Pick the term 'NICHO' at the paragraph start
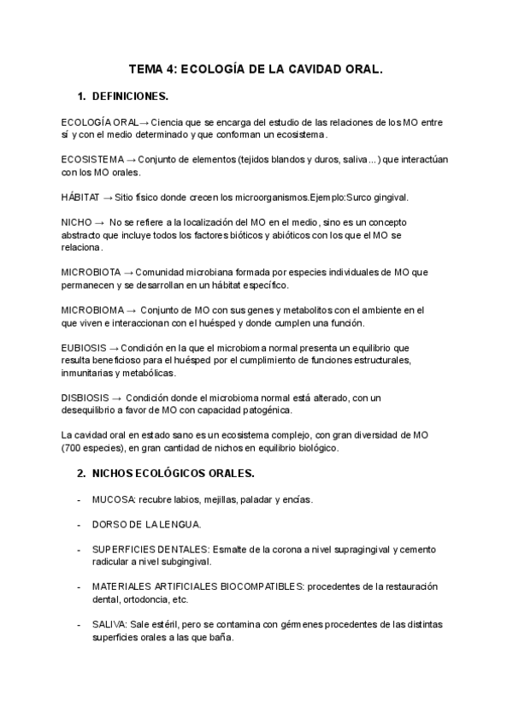pyautogui.click(x=76, y=222)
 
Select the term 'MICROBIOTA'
pyautogui.click(x=91, y=272)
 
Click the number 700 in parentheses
pyautogui.click(x=74, y=448)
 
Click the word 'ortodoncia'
pyautogui.click(x=144, y=599)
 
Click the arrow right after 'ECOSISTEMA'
pyautogui.click(x=131, y=160)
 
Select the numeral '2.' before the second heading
pyautogui.click(x=81, y=473)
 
